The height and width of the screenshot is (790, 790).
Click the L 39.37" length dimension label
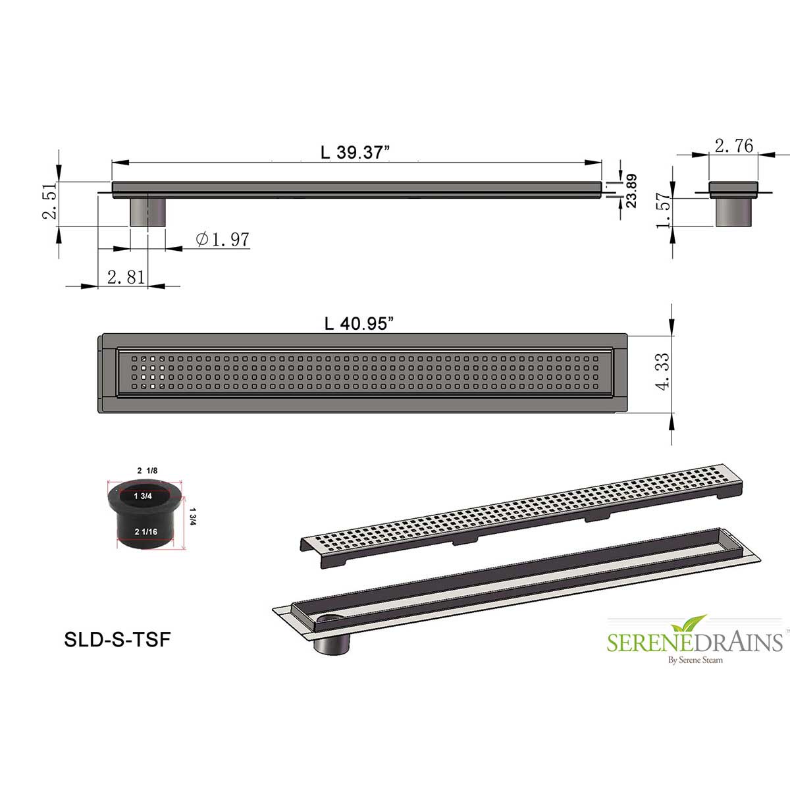tap(355, 153)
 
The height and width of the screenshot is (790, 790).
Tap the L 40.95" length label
tap(359, 324)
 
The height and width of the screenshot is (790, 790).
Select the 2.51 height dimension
tap(51, 201)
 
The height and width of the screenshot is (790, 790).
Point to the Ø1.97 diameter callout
tap(223, 240)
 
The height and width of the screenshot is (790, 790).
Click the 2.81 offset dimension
tap(126, 278)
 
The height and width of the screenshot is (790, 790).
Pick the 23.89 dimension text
tap(632, 191)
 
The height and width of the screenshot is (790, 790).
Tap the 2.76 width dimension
tap(734, 146)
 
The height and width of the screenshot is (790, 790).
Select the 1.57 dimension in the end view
tap(664, 210)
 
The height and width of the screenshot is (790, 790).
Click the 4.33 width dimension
tap(664, 372)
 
